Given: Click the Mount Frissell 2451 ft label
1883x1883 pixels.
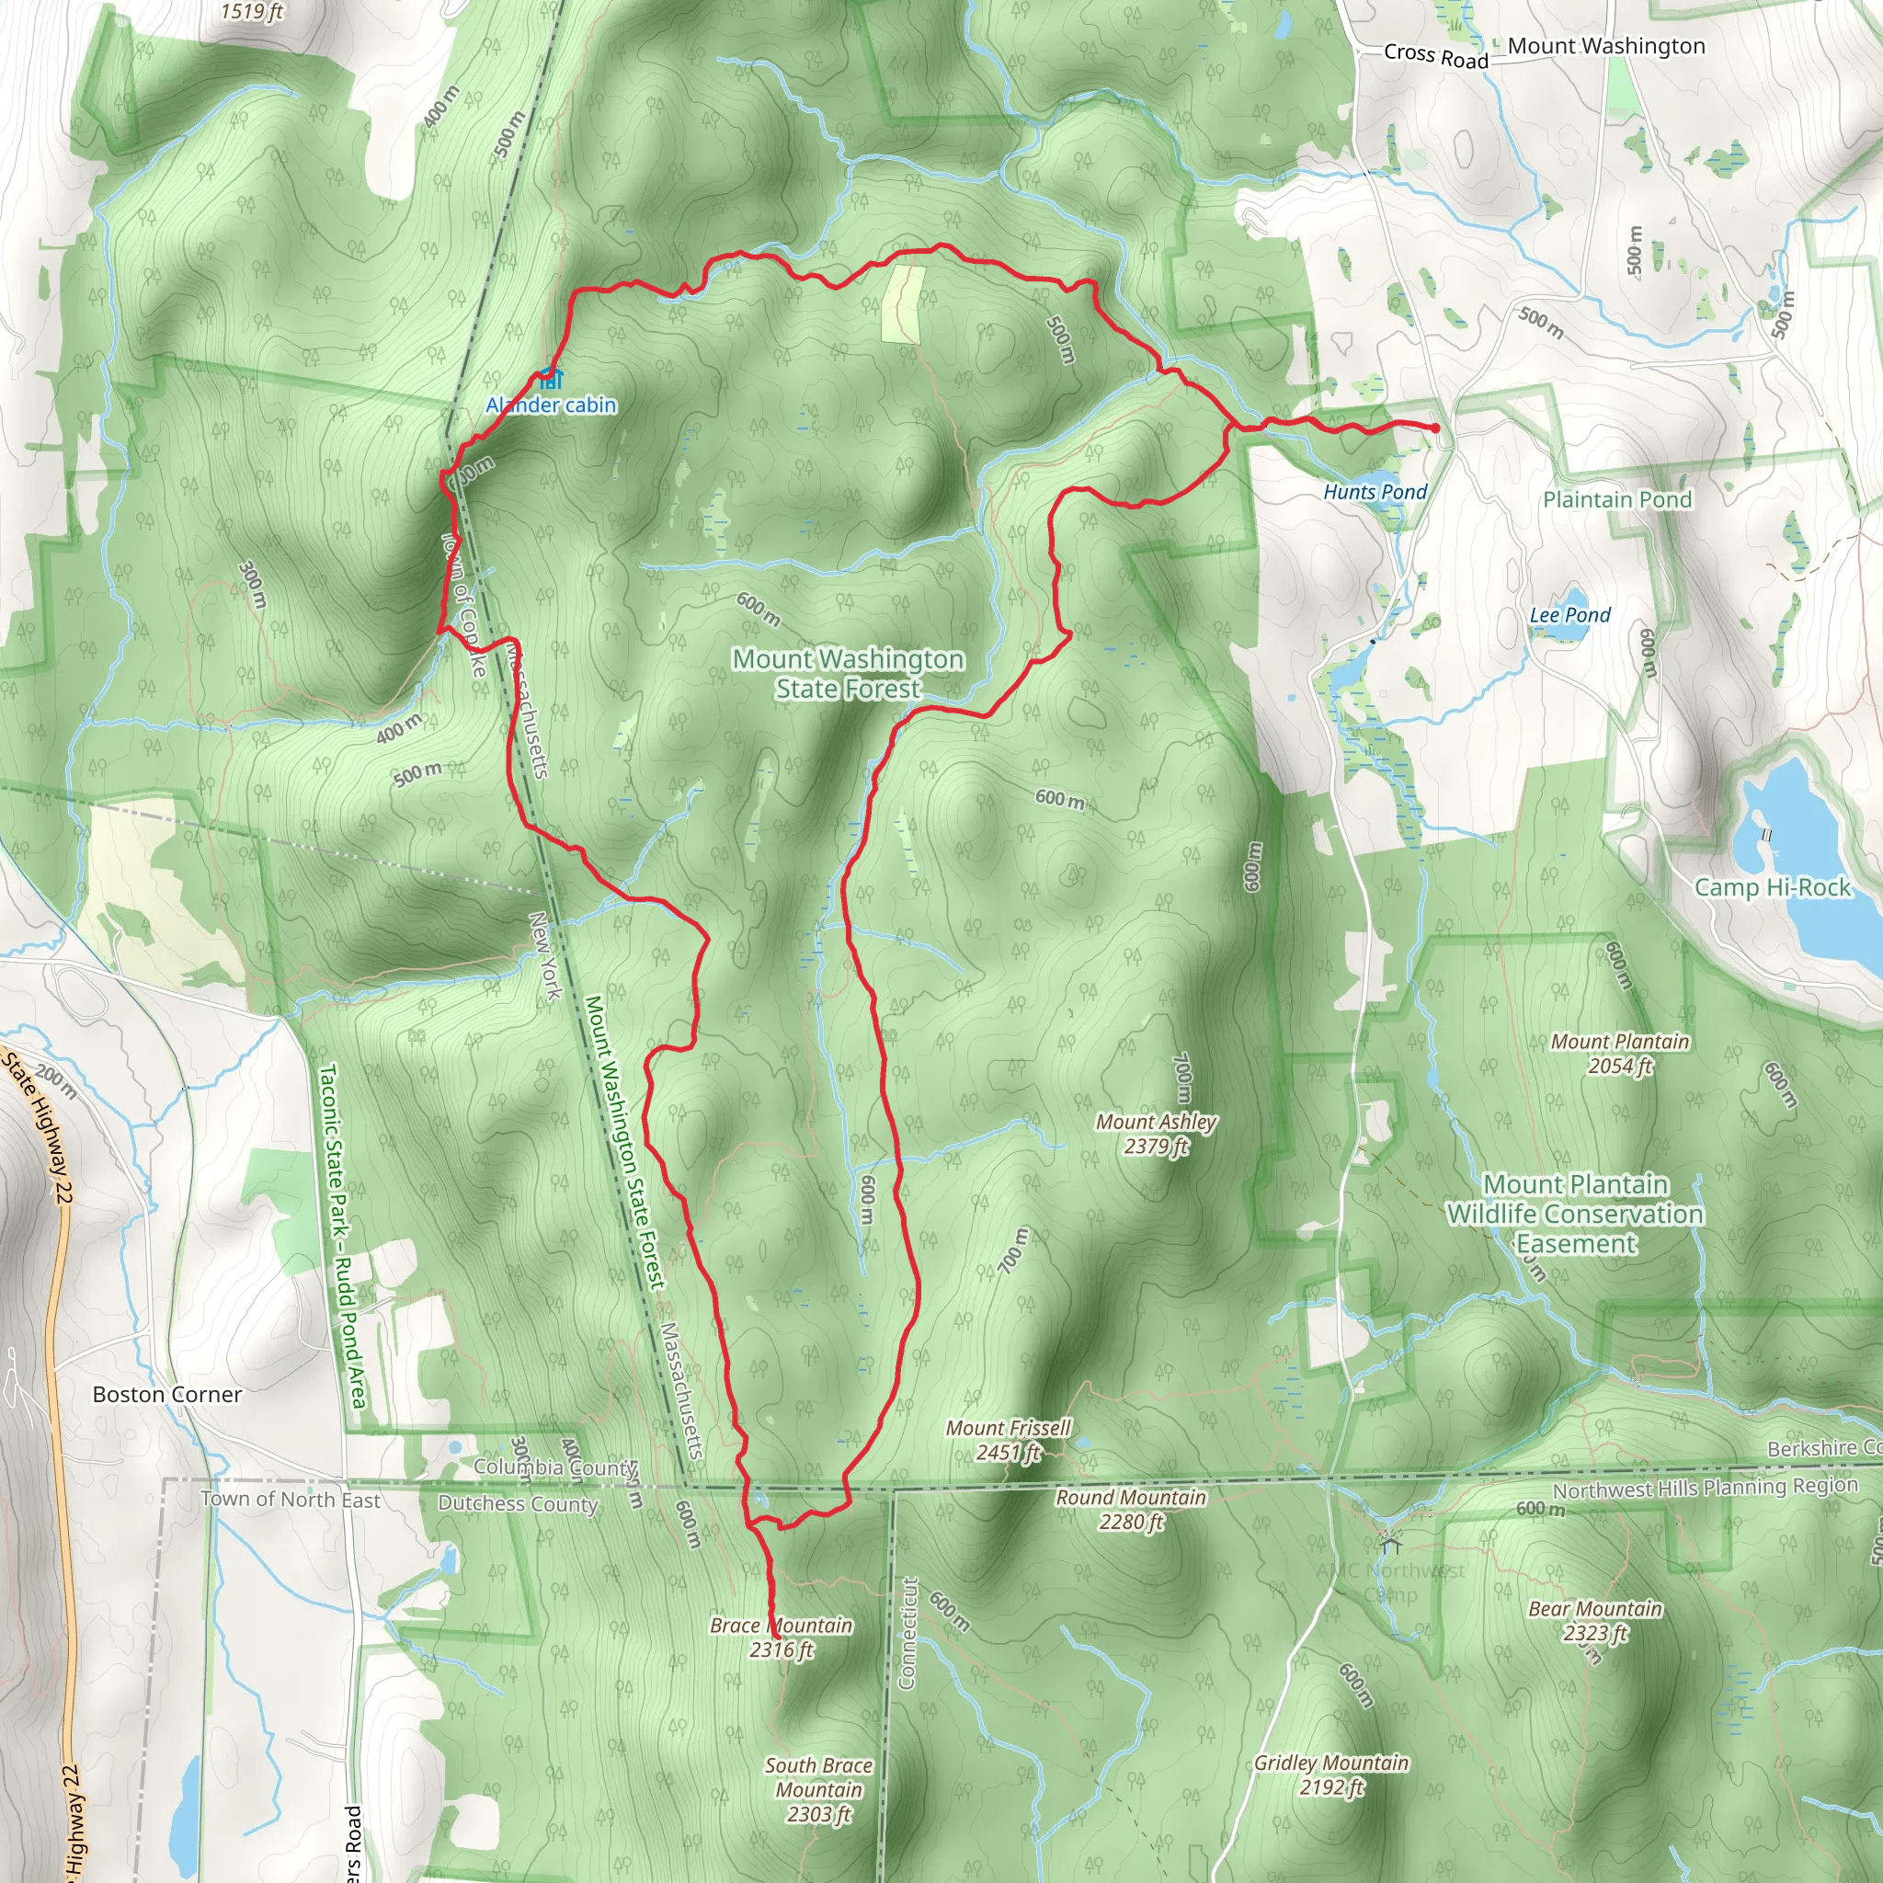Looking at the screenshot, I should click(x=1008, y=1440).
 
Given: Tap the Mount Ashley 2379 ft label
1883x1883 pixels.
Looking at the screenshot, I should click(x=1156, y=1134).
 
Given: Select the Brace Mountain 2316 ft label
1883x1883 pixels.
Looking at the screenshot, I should click(x=781, y=1638).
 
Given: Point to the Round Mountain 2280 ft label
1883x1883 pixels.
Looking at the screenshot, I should click(x=1131, y=1509).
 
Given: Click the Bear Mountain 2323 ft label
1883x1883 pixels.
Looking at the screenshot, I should click(x=1594, y=1621).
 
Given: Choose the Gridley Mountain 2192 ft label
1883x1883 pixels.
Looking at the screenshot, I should click(x=1331, y=1774).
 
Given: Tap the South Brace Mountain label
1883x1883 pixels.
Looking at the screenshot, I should click(x=818, y=1789).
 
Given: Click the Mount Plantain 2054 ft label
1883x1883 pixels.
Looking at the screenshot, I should click(x=1620, y=1054).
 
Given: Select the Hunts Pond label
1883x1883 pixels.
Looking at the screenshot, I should click(x=1375, y=492).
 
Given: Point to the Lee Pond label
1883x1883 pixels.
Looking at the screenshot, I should click(x=1569, y=615).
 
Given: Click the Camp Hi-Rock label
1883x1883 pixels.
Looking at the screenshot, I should click(x=1772, y=887).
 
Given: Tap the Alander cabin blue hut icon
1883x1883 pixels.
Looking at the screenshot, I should click(x=550, y=379).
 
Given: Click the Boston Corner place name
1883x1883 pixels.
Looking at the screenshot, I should click(x=166, y=1395).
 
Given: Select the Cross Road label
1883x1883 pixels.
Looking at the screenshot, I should click(x=1435, y=55).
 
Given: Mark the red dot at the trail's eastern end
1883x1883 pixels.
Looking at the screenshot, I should click(x=1434, y=428).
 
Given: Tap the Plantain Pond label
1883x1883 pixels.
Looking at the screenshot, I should click(x=1617, y=500).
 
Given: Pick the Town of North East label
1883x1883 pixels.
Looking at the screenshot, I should click(x=291, y=1499).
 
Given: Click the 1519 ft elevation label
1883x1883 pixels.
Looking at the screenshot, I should click(x=251, y=12).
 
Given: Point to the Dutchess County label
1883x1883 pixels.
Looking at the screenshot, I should click(x=518, y=1504).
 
